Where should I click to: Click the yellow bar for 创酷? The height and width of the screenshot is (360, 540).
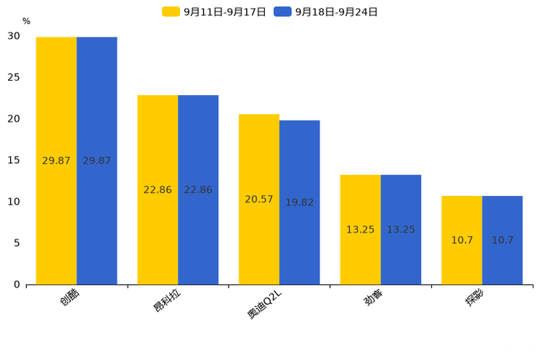pyautogui.click(x=56, y=161)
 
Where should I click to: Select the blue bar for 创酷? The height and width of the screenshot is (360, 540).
pyautogui.click(x=97, y=161)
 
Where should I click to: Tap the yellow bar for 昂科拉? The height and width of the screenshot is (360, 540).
pyautogui.click(x=157, y=190)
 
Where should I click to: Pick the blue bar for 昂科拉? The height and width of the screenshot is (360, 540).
pyautogui.click(x=198, y=190)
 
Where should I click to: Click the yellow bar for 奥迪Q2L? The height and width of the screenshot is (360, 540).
pyautogui.click(x=259, y=200)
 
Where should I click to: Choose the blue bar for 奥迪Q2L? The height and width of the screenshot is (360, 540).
pyautogui.click(x=300, y=202)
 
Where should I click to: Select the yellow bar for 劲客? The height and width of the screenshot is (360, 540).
pyautogui.click(x=360, y=230)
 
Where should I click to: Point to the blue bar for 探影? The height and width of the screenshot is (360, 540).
pyautogui.click(x=502, y=240)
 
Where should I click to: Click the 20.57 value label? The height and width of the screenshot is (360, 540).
pyautogui.click(x=259, y=200)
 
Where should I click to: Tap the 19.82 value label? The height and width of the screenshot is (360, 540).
pyautogui.click(x=300, y=202)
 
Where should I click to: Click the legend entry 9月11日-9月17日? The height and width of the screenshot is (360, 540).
pyautogui.click(x=214, y=12)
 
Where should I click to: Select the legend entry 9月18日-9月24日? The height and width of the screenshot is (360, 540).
pyautogui.click(x=325, y=12)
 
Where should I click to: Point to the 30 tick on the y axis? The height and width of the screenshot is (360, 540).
pyautogui.click(x=14, y=36)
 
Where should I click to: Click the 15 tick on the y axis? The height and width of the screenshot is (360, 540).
pyautogui.click(x=14, y=160)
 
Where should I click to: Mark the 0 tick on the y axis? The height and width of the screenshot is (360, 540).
pyautogui.click(x=17, y=285)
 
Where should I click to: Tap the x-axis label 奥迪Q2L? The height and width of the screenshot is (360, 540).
pyautogui.click(x=264, y=304)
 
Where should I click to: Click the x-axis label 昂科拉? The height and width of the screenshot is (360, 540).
pyautogui.click(x=167, y=300)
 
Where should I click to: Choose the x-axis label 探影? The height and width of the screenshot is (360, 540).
pyautogui.click(x=475, y=297)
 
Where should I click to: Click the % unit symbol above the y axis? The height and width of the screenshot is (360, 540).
pyautogui.click(x=27, y=21)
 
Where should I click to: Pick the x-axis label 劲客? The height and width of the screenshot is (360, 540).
pyautogui.click(x=373, y=297)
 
